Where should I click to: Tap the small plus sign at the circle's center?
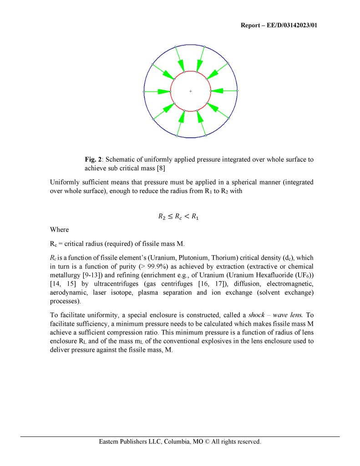click(x=190, y=91)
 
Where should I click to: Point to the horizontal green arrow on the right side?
click(x=224, y=91)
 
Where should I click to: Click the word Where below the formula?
click(x=59, y=230)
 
